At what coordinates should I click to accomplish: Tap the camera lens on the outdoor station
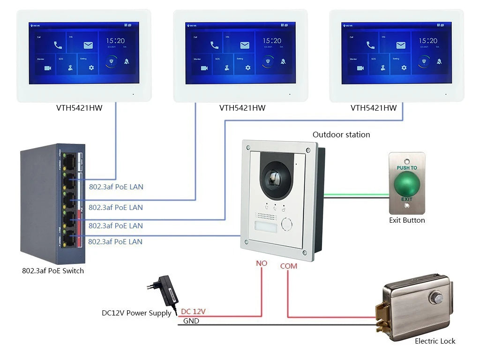coord(274,178)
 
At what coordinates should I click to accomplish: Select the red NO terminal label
coord(261,263)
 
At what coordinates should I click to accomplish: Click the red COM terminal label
coord(288,266)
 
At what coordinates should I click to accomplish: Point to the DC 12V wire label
coord(193,311)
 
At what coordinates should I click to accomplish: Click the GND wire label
coord(191,321)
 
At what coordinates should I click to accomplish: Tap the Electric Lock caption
coord(435,341)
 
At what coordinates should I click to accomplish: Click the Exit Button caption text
coord(407,220)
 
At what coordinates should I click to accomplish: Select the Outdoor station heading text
coord(341,135)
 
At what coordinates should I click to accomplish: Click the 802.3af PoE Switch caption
coord(53,271)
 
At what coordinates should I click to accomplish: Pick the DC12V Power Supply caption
coord(136,313)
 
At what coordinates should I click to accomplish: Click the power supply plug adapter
coord(166,289)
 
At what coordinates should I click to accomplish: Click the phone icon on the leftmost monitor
coord(58,45)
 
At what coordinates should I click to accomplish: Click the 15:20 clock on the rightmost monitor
coord(428,41)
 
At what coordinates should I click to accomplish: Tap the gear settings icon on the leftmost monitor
coord(91,68)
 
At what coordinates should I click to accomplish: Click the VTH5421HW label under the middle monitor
coord(242,108)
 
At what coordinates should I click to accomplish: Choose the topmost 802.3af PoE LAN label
coord(116,187)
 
